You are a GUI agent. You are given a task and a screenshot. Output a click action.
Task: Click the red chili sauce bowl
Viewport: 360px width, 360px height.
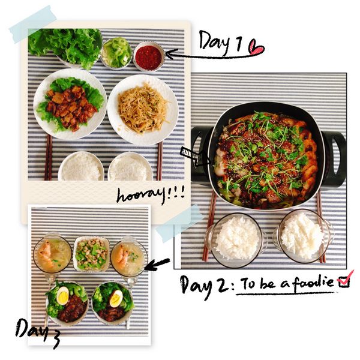tap(149, 56)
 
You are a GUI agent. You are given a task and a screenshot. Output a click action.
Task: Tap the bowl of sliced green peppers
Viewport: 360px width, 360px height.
tap(116, 53)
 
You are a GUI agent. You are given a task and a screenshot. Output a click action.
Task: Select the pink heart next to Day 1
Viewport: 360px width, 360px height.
tap(256, 47)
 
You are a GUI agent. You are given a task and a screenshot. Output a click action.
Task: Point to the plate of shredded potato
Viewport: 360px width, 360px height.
tap(143, 110)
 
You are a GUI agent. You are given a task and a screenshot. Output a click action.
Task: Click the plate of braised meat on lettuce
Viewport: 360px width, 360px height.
tap(70, 104)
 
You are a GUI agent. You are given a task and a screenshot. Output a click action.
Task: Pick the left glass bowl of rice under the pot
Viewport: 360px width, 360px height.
tap(237, 241)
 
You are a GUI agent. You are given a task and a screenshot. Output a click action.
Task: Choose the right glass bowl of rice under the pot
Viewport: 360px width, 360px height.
tap(304, 236)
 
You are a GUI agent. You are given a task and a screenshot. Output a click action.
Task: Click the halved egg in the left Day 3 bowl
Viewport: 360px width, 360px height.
tap(62, 295)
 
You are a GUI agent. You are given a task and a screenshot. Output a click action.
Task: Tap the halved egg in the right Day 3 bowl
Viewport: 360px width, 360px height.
tap(116, 298)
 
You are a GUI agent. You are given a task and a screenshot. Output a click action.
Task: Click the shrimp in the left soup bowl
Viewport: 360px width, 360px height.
tap(45, 252)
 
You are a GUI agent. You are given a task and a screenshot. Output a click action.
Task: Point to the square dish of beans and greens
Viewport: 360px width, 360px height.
tap(92, 254)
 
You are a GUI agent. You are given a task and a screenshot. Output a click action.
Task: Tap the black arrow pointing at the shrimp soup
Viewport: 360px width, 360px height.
tap(157, 264)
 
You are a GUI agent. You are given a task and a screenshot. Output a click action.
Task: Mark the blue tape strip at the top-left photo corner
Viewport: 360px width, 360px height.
tap(33, 25)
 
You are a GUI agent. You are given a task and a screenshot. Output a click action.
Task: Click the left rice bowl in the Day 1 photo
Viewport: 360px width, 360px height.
tap(81, 166)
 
